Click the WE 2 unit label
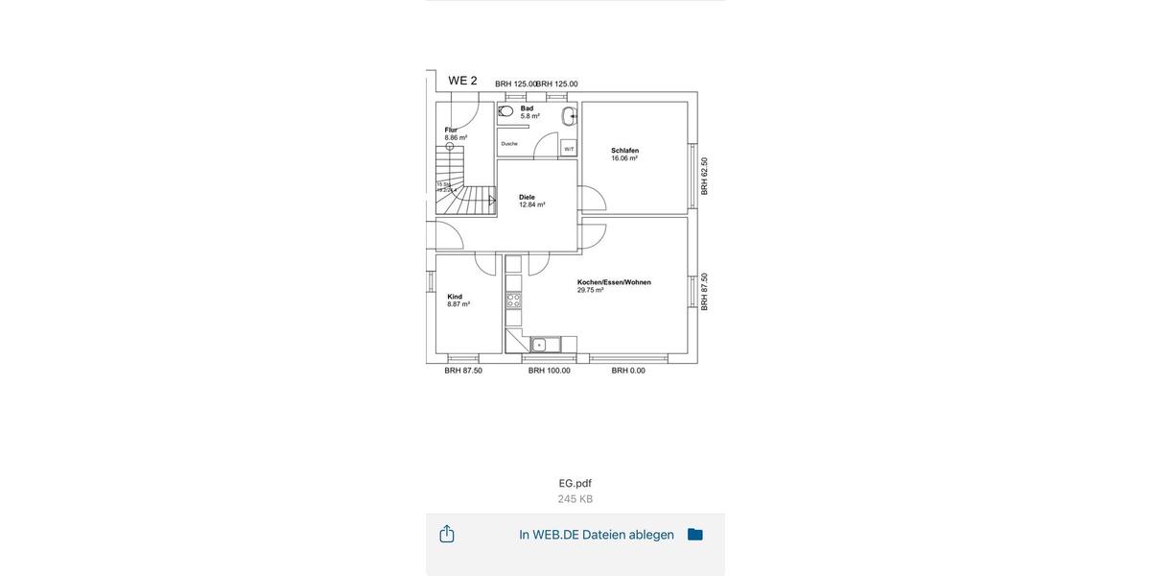point(462,81)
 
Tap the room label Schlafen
point(624,151)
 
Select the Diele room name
point(527,197)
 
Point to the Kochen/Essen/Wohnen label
point(614,282)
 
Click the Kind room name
point(455,297)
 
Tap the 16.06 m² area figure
point(624,158)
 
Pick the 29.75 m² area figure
point(591,290)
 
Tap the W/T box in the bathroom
point(569,149)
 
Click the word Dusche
point(509,144)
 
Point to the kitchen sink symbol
point(540,345)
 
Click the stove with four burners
point(513,300)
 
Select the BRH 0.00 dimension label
point(628,371)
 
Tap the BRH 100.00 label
point(550,371)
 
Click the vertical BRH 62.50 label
point(704,177)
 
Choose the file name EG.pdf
point(575,483)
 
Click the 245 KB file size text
point(575,499)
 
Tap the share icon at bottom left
point(447,534)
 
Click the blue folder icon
point(695,535)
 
